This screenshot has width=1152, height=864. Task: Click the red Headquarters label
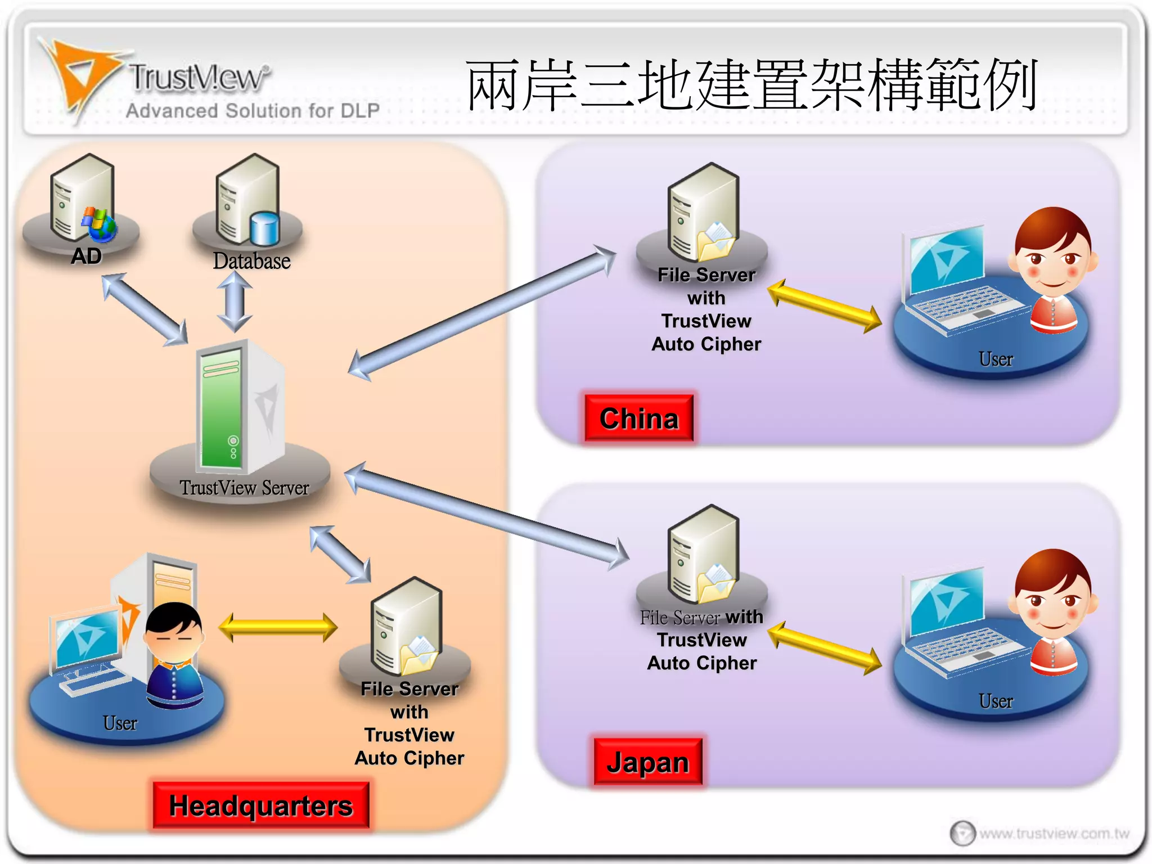261,805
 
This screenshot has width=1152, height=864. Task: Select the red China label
639,418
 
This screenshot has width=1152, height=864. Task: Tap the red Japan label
648,762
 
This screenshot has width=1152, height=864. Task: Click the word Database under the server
251,261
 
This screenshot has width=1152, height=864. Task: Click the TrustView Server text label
244,488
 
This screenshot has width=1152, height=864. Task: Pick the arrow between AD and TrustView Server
145,309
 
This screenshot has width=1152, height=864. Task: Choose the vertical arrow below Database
235,303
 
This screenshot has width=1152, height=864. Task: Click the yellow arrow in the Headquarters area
278,628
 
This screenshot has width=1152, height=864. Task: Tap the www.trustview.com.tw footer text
1054,833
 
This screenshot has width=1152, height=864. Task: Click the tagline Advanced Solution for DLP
253,111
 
